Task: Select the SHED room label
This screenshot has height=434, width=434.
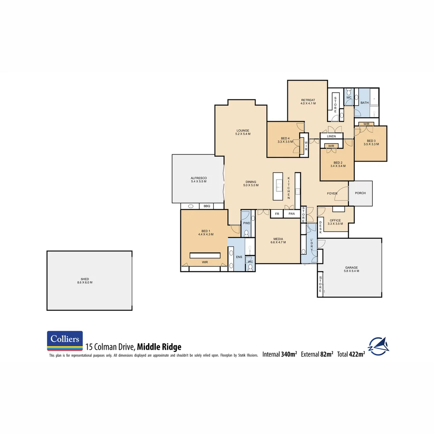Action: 85,279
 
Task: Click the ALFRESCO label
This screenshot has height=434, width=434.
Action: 199,178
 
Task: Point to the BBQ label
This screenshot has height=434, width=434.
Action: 207,206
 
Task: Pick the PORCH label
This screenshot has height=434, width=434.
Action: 360,193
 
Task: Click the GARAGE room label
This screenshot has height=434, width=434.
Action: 351,268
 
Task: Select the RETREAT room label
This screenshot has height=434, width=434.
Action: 308,100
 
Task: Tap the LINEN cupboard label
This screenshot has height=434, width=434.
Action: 331,136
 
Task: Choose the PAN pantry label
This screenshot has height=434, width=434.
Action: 292,214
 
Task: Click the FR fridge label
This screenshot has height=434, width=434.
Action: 277,214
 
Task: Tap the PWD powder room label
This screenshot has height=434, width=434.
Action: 246,223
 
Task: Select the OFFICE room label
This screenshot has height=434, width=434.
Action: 335,220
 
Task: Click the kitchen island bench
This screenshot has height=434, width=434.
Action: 278,186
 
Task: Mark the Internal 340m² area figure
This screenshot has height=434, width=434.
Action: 280,354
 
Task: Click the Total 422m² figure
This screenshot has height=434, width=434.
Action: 351,354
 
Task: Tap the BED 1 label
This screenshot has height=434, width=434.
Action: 205,231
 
